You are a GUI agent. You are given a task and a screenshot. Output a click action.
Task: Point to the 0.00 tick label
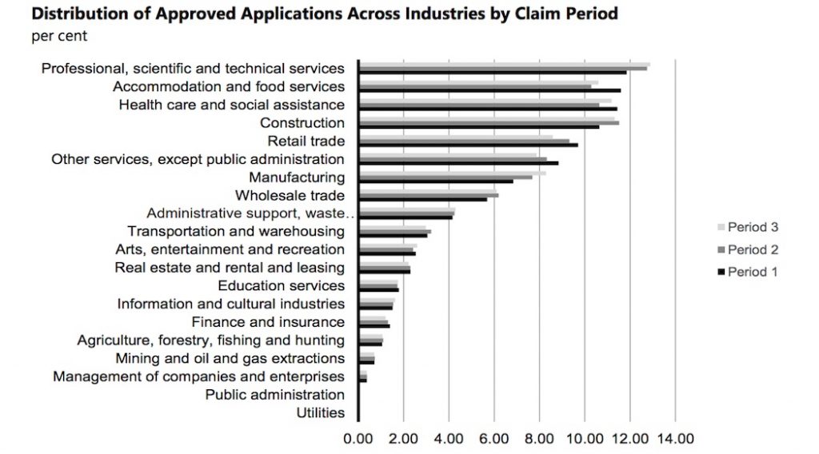click(x=358, y=438)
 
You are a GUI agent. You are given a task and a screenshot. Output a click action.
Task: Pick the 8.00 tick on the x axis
click(x=540, y=438)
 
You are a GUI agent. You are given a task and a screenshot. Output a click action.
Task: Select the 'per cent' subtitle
click(x=60, y=36)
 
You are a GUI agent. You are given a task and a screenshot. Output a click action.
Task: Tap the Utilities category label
click(x=320, y=413)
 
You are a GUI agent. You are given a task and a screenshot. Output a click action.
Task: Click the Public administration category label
click(x=274, y=395)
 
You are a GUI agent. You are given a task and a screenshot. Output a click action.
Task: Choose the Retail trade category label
click(x=306, y=141)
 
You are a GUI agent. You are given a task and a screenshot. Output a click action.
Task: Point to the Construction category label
click(x=302, y=123)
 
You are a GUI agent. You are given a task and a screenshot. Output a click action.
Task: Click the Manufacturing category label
click(x=297, y=177)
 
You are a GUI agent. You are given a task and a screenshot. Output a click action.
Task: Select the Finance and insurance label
click(x=268, y=322)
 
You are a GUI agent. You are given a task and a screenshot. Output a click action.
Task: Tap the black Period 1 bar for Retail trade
click(x=468, y=145)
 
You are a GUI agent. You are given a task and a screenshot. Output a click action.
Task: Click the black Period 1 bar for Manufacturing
click(x=436, y=181)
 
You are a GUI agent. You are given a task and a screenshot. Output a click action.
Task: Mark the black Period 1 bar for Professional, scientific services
click(x=492, y=73)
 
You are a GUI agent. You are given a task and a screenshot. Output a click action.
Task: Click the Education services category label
click(x=281, y=286)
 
